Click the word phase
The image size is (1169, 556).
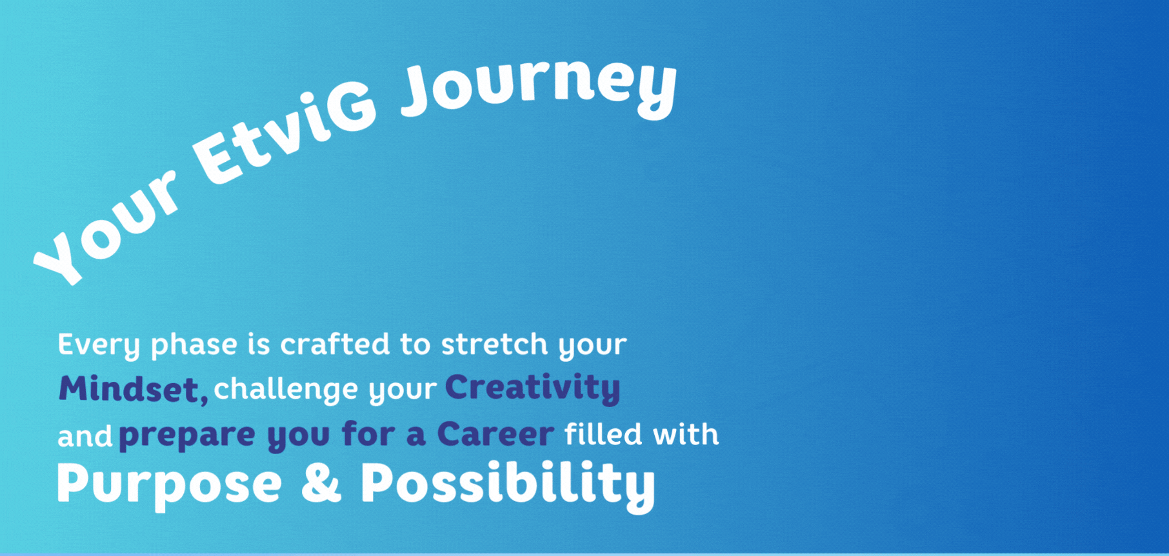click(x=194, y=344)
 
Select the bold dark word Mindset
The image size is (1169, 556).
click(x=128, y=388)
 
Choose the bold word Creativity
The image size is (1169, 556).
click(x=532, y=388)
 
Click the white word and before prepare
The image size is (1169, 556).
click(x=85, y=437)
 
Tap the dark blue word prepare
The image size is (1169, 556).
click(x=187, y=435)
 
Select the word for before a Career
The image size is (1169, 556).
click(x=368, y=433)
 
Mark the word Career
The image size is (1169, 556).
click(x=495, y=433)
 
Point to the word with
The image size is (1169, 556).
click(x=686, y=433)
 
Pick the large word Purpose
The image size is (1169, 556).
click(x=170, y=484)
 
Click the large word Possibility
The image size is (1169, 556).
click(x=508, y=485)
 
